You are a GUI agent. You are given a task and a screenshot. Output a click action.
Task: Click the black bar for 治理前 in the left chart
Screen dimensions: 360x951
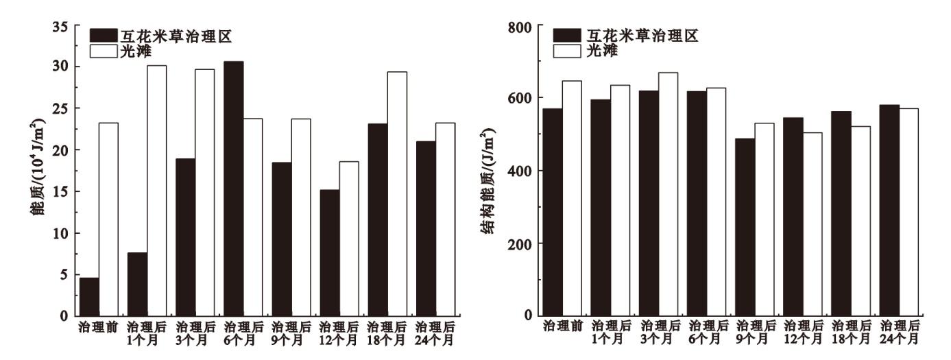coord(89,297)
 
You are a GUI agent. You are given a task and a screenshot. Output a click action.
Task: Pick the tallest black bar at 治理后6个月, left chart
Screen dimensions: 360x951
coord(233,189)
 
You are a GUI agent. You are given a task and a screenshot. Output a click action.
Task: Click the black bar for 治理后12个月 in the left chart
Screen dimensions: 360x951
coord(329,253)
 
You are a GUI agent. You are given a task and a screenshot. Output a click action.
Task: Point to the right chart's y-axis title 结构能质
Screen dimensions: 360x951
coord(490,182)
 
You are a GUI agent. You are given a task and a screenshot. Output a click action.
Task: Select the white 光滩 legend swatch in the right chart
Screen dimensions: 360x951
coord(567,50)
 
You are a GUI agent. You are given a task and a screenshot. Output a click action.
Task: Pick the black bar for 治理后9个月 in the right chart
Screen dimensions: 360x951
coord(745,227)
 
